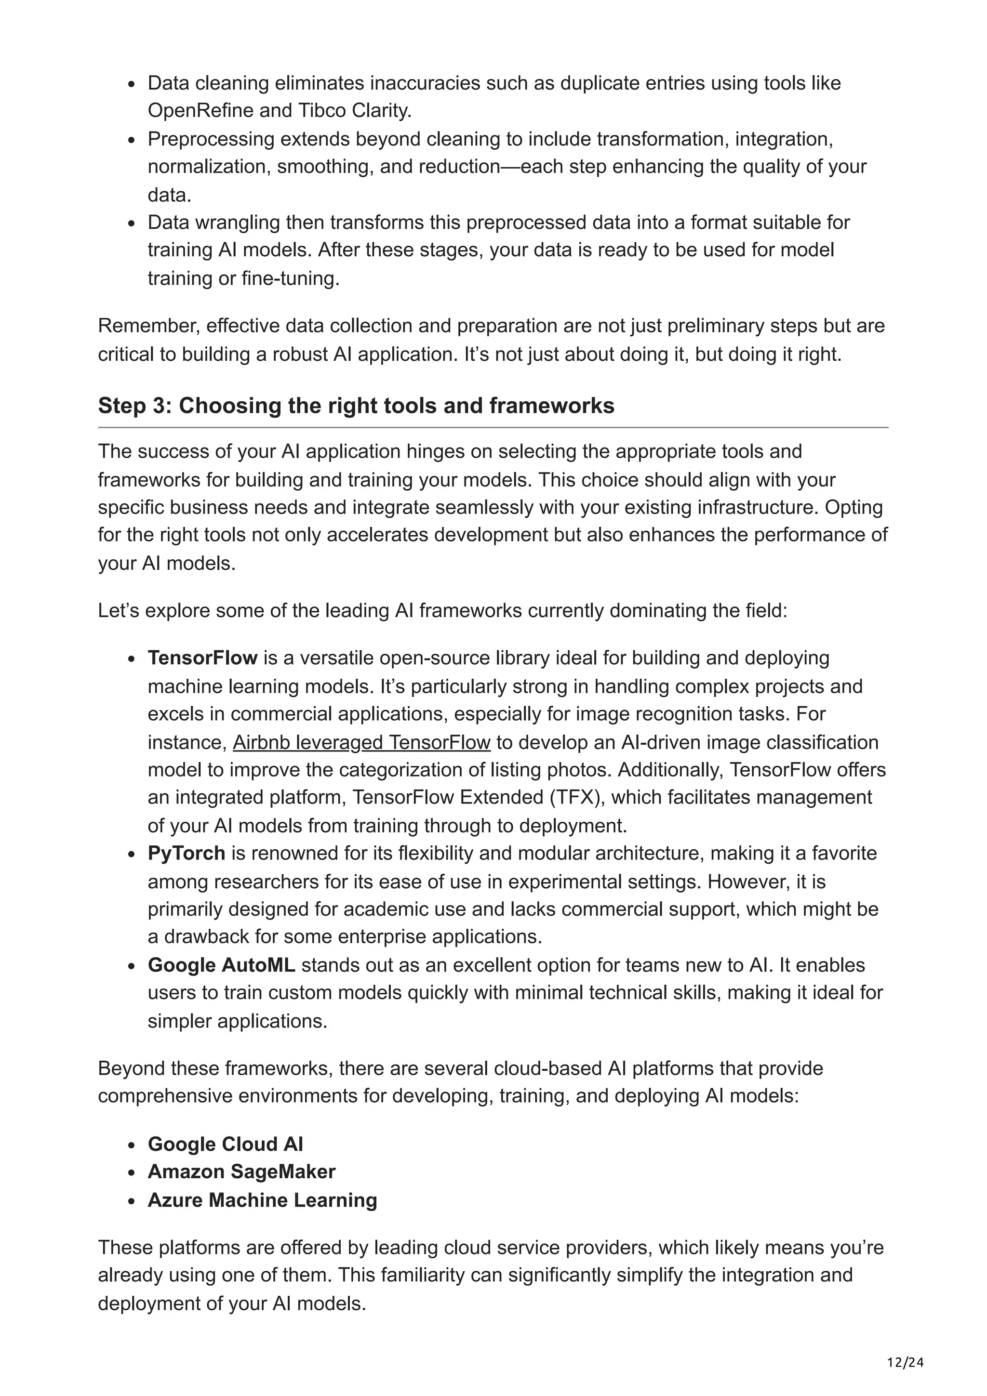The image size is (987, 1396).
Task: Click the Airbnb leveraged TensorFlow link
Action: point(361,742)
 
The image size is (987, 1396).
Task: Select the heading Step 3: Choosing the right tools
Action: point(356,406)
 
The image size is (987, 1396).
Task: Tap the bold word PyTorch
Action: point(186,853)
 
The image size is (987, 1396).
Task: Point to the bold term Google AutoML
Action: point(221,965)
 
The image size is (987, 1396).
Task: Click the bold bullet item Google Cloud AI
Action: point(225,1144)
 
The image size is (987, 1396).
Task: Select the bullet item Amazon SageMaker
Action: point(241,1171)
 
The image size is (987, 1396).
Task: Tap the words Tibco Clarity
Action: point(355,111)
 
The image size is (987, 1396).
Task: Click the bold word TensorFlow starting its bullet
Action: point(202,658)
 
